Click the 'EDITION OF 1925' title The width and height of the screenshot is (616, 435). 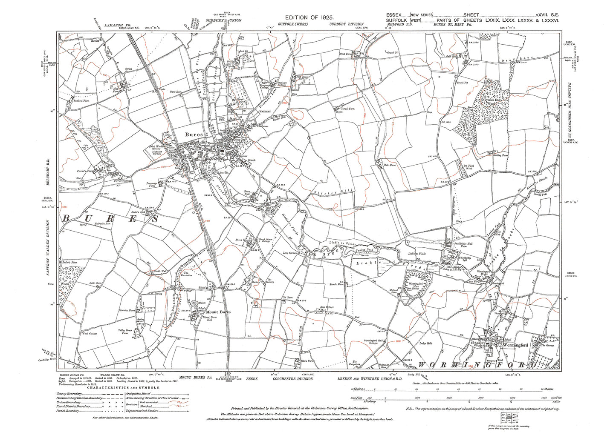click(307, 17)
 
